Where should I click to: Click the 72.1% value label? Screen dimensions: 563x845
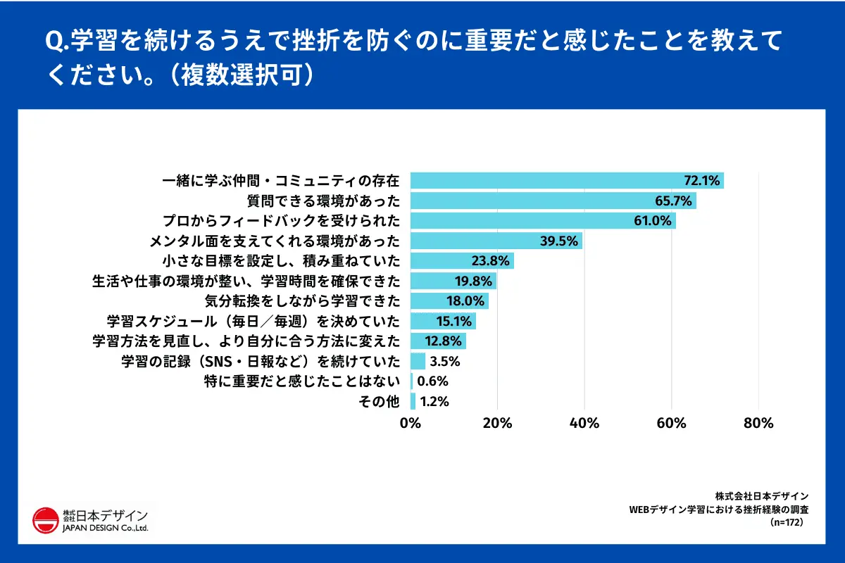tap(702, 180)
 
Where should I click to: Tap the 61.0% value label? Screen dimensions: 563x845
tap(654, 221)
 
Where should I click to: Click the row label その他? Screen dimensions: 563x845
tap(380, 403)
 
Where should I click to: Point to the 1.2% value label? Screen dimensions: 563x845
tap(434, 403)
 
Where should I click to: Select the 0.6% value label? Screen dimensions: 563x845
tap(432, 382)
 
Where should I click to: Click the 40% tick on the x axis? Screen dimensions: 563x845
tap(584, 424)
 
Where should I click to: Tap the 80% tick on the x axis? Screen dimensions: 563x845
tap(758, 424)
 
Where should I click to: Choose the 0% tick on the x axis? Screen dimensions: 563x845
tap(411, 424)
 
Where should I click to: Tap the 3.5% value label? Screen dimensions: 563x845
tap(444, 362)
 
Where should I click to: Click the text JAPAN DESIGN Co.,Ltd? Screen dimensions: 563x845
tap(105, 528)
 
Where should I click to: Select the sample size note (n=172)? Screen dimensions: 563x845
tap(787, 523)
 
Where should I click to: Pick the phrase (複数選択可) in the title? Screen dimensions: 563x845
tap(242, 75)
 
